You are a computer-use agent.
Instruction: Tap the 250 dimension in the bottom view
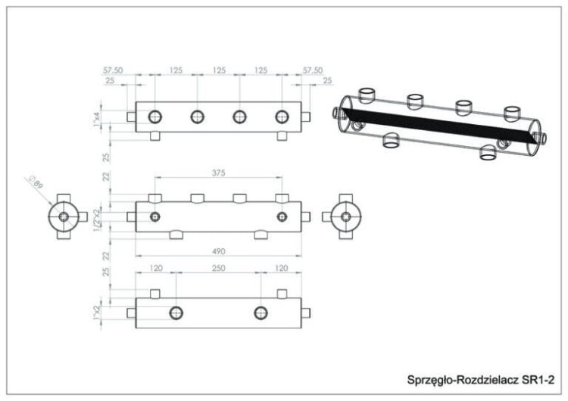(217, 268)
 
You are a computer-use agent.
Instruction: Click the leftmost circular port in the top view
(154, 117)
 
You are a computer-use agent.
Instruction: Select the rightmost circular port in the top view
(282, 117)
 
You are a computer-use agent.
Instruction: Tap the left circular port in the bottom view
(176, 312)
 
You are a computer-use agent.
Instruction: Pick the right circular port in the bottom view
(261, 312)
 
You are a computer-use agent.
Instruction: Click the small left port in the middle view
(154, 217)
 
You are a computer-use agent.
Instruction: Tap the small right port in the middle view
(282, 217)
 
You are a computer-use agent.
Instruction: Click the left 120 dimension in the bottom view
(156, 268)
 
